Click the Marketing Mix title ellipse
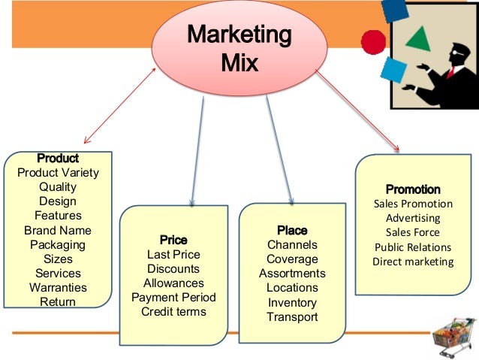coord(239,47)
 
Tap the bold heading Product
coord(58,159)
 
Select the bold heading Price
coord(173,240)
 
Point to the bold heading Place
coord(292,230)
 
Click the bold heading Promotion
coord(413,189)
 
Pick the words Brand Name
coord(58,231)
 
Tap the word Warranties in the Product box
coord(58,288)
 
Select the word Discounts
coord(173,269)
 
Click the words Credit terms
coord(173,312)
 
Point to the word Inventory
coord(292,302)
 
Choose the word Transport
coord(292,316)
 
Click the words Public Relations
coord(413,247)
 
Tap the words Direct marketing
coord(413,262)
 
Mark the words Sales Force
coord(413,232)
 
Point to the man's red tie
coord(451,71)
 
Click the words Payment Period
coord(173,298)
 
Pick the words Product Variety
coord(58,173)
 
